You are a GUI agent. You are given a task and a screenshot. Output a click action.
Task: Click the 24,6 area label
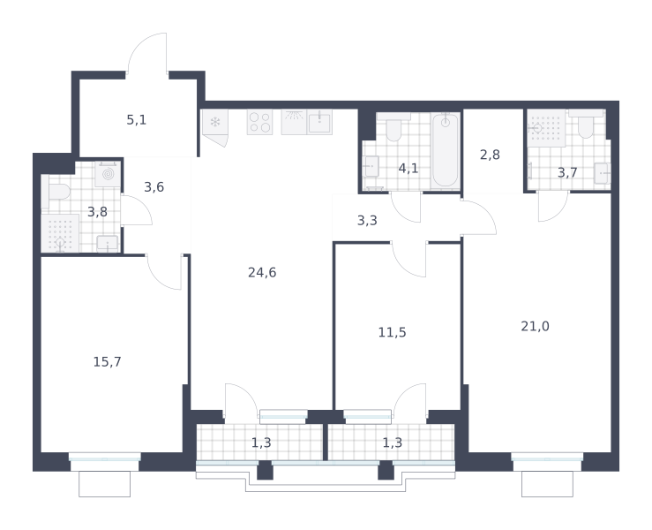[262, 273]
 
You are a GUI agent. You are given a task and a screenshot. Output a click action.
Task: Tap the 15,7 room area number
[108, 362]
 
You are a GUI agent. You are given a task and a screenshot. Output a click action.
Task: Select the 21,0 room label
[536, 327]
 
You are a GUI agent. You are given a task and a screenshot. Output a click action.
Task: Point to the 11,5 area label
[392, 332]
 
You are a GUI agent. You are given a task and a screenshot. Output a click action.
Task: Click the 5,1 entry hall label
[137, 120]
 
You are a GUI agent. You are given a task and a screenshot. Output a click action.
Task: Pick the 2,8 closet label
[490, 155]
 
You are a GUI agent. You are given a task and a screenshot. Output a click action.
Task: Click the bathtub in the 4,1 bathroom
[446, 150]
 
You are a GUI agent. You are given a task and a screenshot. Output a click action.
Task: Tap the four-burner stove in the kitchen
[260, 122]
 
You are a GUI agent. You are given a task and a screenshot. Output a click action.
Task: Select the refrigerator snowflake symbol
[215, 123]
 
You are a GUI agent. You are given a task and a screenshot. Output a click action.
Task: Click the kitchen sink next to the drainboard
[319, 123]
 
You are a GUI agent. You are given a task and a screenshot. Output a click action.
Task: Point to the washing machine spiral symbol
[108, 174]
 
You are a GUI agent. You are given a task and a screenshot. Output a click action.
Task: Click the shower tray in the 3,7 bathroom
[546, 128]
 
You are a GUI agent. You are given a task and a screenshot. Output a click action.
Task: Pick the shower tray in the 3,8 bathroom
[60, 233]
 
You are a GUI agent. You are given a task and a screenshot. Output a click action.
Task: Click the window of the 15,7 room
[105, 458]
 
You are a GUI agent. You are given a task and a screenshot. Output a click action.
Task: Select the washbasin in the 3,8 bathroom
[108, 244]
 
